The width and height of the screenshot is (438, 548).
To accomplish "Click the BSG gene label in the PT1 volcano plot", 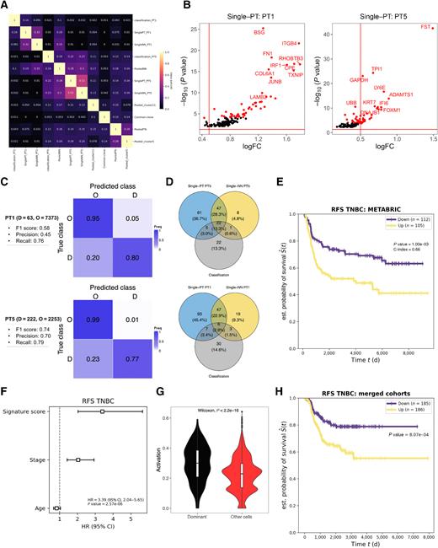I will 258,33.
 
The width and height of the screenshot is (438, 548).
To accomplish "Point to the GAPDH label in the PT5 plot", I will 359,79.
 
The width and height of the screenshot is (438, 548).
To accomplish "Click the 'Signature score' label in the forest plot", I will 28,411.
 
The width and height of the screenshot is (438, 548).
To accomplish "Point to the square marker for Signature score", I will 102,411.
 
